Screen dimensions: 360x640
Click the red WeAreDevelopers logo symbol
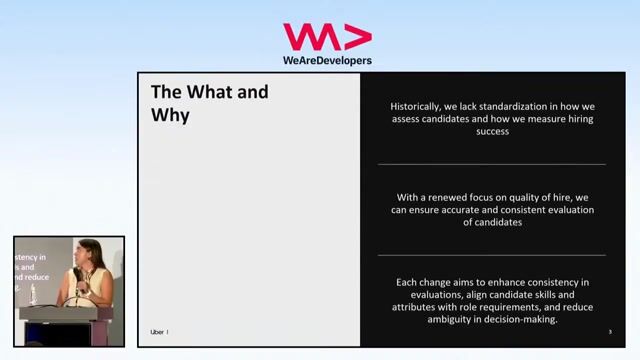[327, 37]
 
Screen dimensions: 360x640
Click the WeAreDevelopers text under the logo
[327, 60]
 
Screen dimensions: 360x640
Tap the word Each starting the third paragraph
[410, 283]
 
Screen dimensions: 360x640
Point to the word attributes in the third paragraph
[420, 307]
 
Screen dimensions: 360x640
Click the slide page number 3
[610, 332]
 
